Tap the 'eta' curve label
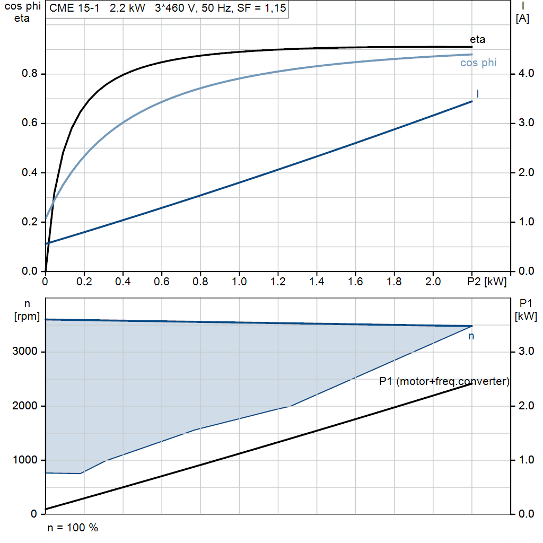(477, 39)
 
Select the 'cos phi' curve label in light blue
(478, 63)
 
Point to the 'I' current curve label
(478, 94)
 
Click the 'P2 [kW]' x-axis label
(487, 281)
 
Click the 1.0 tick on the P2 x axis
(239, 281)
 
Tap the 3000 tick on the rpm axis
(26, 352)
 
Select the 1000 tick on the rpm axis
(26, 460)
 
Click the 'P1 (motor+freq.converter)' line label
(444, 381)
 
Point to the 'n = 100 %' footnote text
(73, 528)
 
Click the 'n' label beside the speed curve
(471, 336)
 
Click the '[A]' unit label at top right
(523, 20)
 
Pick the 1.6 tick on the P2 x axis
(355, 281)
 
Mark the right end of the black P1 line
(472, 383)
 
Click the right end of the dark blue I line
(472, 101)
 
